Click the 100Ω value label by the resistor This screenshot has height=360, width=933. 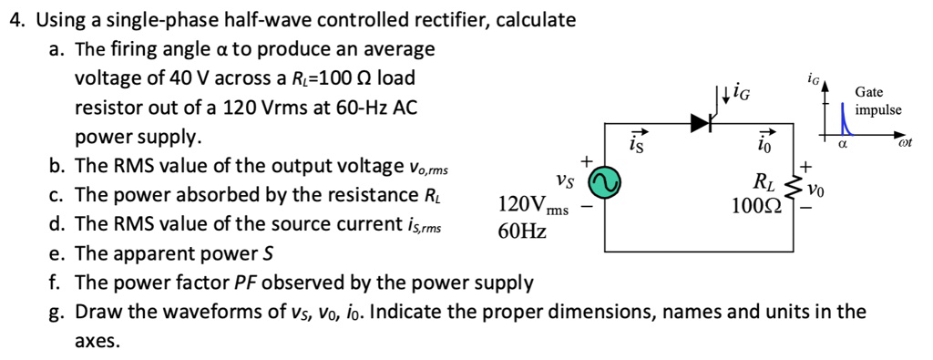(755, 206)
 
